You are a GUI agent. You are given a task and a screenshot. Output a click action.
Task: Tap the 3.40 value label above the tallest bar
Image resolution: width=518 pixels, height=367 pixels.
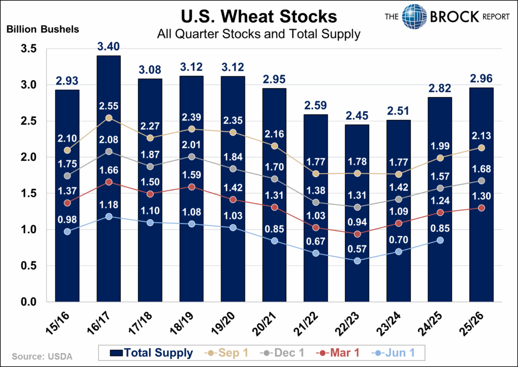click(x=108, y=47)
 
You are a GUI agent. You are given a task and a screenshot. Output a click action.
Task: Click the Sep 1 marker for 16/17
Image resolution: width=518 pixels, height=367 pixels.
click(x=108, y=118)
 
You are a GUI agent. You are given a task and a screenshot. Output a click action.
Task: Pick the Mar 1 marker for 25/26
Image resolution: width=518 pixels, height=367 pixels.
click(x=482, y=208)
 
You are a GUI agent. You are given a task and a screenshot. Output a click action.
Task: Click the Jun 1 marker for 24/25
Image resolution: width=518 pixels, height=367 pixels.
click(x=440, y=240)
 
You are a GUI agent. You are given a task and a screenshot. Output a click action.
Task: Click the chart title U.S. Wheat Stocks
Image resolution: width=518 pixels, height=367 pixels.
click(x=260, y=17)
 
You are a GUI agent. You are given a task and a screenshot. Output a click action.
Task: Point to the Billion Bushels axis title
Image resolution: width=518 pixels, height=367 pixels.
click(x=42, y=29)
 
